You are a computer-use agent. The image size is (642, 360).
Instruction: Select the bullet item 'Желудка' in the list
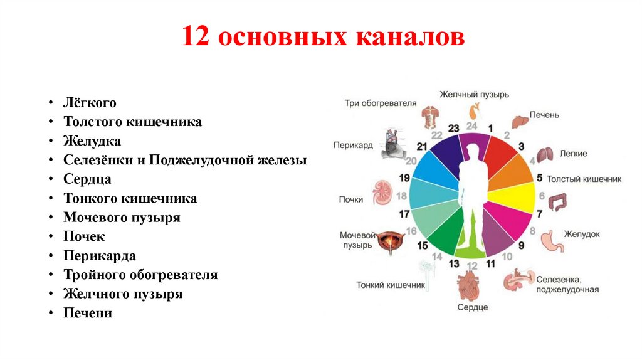click(x=92, y=141)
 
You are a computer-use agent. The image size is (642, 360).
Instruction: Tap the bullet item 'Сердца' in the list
click(x=87, y=179)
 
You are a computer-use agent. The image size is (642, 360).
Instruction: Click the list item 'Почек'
click(x=84, y=236)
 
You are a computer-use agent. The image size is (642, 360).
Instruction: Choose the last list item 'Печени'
click(x=87, y=313)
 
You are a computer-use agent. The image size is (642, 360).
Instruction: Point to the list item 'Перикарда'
click(x=99, y=256)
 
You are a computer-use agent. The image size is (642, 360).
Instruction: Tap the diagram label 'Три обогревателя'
click(x=380, y=103)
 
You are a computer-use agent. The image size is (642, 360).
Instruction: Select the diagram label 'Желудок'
click(x=581, y=234)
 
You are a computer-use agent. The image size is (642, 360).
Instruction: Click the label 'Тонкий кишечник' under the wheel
click(x=391, y=285)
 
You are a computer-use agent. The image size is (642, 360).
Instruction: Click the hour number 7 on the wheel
click(x=539, y=214)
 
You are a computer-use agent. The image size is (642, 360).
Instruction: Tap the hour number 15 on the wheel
click(x=423, y=245)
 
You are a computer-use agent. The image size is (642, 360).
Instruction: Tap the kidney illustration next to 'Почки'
click(x=382, y=191)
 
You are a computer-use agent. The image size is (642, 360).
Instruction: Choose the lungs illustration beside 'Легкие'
click(x=544, y=154)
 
